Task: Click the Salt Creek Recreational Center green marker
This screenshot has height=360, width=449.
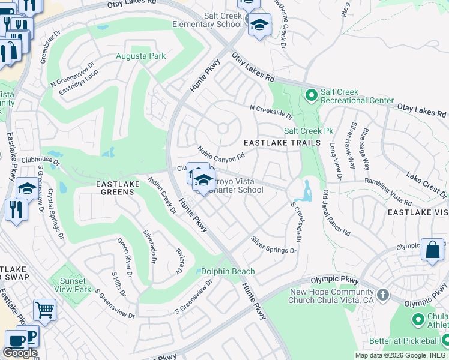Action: tap(312, 95)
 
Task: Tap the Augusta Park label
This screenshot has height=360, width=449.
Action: tap(140, 56)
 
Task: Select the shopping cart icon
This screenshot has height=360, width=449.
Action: tap(44, 310)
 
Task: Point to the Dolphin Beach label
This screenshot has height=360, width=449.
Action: tap(228, 272)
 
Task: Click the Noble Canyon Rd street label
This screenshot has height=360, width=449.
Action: tap(221, 153)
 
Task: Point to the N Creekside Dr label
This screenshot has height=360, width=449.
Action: tap(271, 112)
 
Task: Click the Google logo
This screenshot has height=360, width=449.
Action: tap(20, 353)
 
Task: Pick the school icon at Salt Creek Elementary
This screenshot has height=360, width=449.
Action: tap(259, 25)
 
